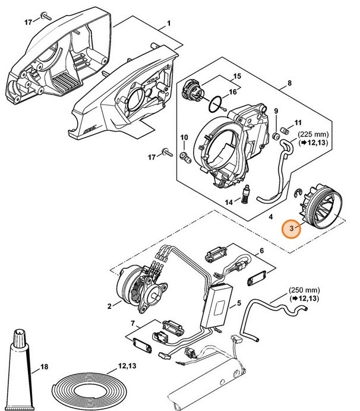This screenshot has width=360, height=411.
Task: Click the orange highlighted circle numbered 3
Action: coord(290,229)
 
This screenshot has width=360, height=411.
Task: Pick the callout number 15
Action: coord(236,77)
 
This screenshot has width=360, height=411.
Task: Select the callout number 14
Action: coord(229,203)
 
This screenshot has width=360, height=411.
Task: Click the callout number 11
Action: coord(298,121)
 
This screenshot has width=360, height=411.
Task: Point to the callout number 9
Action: coord(275,112)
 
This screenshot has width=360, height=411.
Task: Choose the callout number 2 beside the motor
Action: coord(109,306)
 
